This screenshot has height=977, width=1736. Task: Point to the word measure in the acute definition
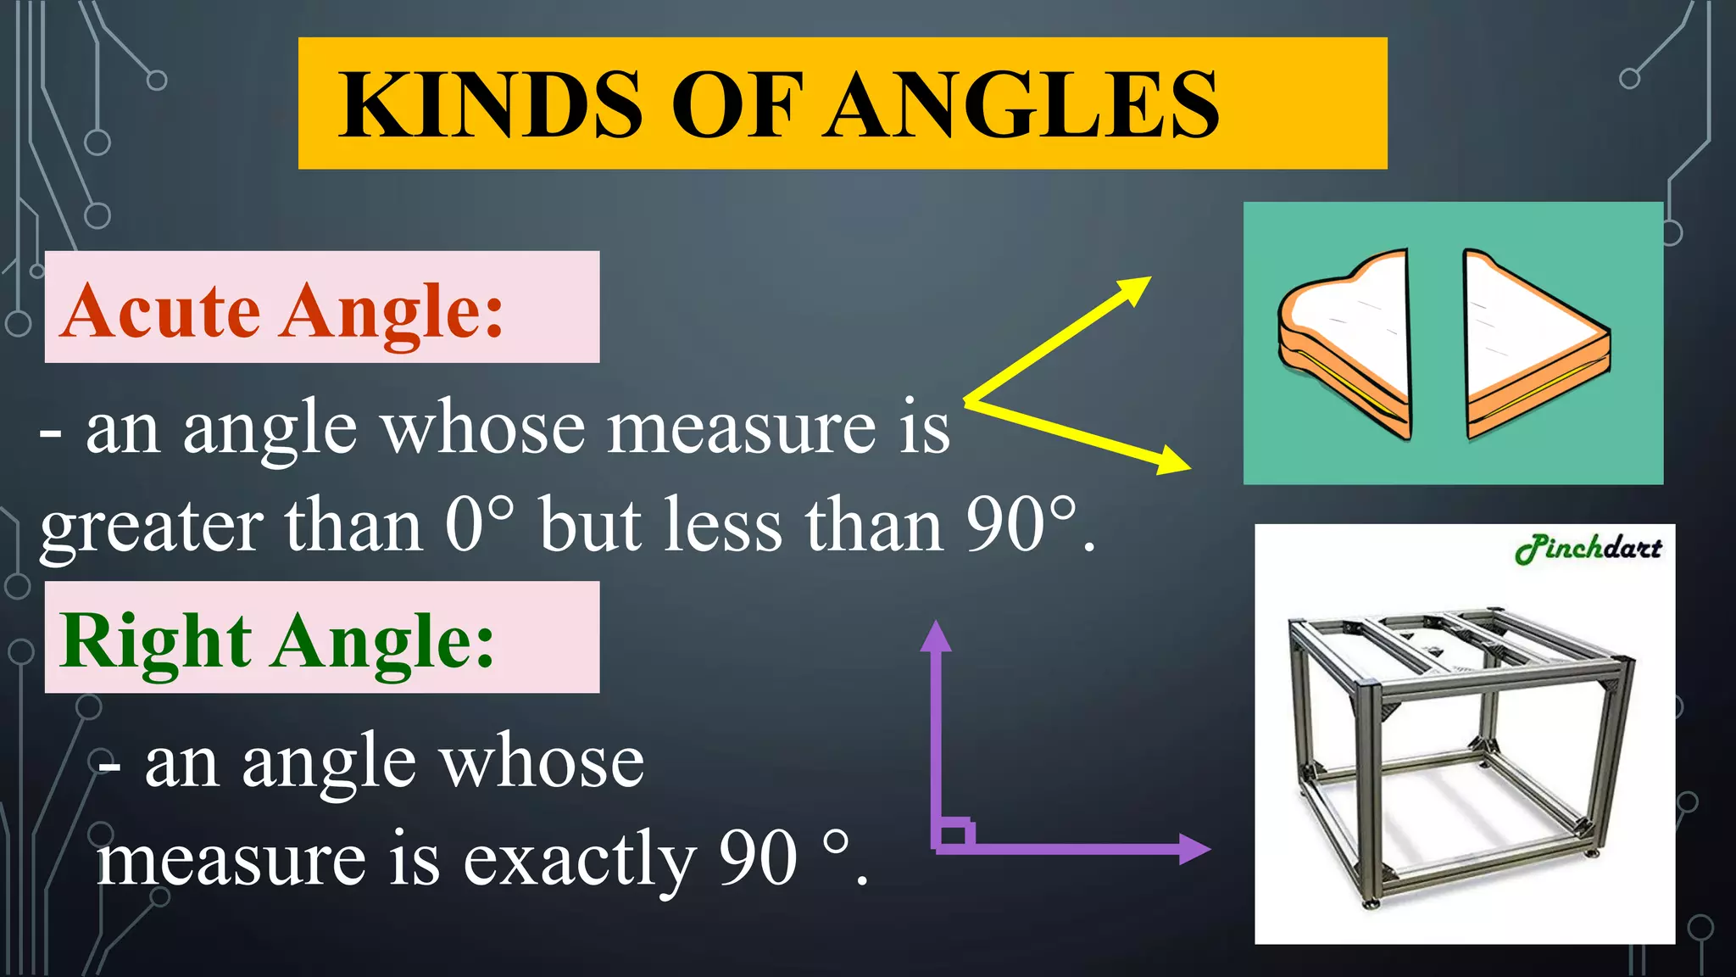[x=743, y=428]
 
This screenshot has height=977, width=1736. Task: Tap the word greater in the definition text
[x=151, y=529]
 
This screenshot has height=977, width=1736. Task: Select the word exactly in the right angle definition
[x=579, y=859]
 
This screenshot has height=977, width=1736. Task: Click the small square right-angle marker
[x=954, y=834]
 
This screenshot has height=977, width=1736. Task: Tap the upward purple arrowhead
[x=936, y=636]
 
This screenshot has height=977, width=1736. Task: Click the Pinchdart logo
[x=1588, y=549]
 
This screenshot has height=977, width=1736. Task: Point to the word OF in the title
[x=736, y=105]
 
